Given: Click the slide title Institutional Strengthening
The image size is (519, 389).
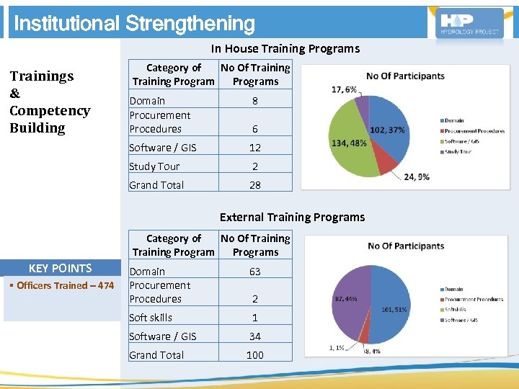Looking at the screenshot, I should point(134,24).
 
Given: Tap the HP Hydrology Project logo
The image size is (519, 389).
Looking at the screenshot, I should point(471,23).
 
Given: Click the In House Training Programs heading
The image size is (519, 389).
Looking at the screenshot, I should point(285,49).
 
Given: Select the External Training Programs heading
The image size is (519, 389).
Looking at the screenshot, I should point(292,217).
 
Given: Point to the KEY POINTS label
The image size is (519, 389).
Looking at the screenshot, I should point(61,268).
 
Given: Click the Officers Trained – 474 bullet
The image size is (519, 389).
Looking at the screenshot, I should point(61,286).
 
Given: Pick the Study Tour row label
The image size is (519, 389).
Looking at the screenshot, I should point(154,166).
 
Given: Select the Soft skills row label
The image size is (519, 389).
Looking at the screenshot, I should point(151,318).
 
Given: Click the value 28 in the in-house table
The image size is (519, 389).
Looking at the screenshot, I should point(255,185).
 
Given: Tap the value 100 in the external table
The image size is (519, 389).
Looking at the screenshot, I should point(255,355).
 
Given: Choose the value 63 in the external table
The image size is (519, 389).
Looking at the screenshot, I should point(255,272).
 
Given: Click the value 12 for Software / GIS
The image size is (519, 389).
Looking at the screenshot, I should point(255,148).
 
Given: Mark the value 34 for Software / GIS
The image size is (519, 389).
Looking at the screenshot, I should point(255,336).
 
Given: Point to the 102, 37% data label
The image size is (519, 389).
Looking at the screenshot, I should point(387,130).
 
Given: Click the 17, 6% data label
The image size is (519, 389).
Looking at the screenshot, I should point(344,89).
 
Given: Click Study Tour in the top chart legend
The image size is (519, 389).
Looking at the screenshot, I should point(458,152).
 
